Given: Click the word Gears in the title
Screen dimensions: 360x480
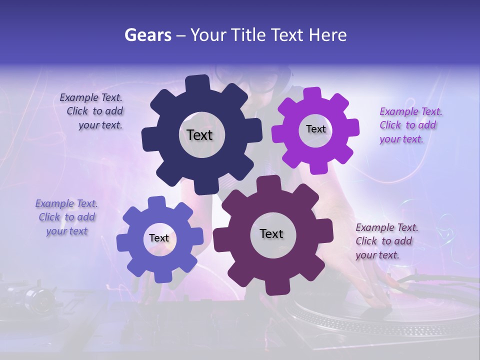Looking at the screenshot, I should point(147,35).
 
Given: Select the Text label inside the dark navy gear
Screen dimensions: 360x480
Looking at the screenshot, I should point(199,135).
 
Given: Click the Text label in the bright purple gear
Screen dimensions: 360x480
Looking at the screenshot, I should point(315,129).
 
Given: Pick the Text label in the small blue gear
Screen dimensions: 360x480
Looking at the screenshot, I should point(159,238).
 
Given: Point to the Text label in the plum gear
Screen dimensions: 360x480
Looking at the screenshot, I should point(271,233).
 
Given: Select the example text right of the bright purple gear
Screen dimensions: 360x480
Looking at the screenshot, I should point(409,125).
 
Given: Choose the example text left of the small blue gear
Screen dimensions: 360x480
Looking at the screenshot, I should point(66,217).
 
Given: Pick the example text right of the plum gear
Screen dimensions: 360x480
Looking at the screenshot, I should point(385,241).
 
